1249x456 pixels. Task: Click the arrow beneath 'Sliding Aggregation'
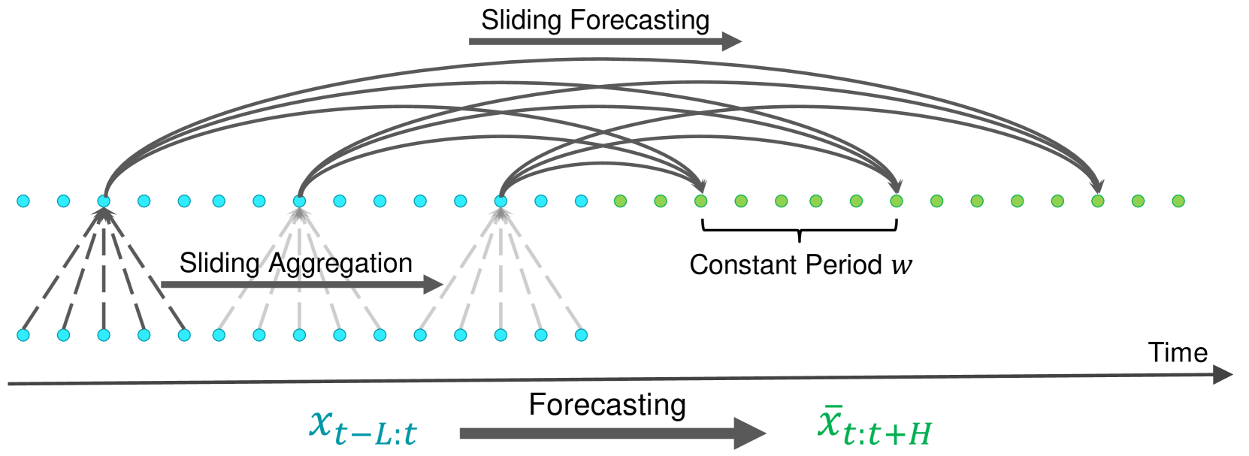301,285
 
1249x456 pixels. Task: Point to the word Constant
744,264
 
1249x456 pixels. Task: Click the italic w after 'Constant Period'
902,265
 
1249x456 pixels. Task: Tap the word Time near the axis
1178,352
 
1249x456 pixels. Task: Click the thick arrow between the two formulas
612,433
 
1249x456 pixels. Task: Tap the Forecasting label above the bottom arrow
607,405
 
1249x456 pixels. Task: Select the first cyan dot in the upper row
23,201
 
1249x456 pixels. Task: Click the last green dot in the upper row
1178,201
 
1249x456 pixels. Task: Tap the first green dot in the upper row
620,201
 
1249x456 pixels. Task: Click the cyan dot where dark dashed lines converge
104,201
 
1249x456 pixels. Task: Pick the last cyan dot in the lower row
581,335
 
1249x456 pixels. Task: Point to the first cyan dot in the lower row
23,335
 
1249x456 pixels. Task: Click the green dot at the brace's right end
896,201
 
